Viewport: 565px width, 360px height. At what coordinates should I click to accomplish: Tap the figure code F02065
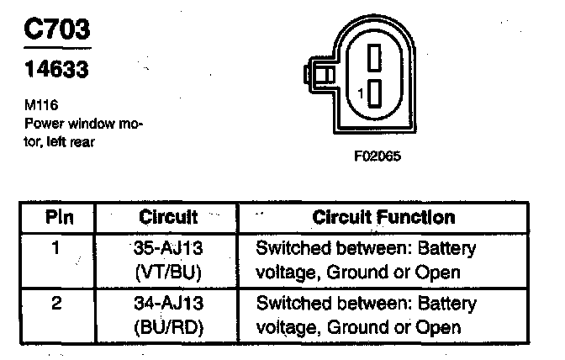pyautogui.click(x=371, y=156)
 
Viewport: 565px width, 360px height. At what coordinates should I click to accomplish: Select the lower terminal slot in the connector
pyautogui.click(x=375, y=95)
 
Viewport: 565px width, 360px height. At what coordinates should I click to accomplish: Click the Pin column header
pyautogui.click(x=59, y=217)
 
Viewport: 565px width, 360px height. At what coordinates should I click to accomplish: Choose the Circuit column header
pyautogui.click(x=169, y=217)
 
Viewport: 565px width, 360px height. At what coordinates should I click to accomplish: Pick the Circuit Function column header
pyautogui.click(x=383, y=217)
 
